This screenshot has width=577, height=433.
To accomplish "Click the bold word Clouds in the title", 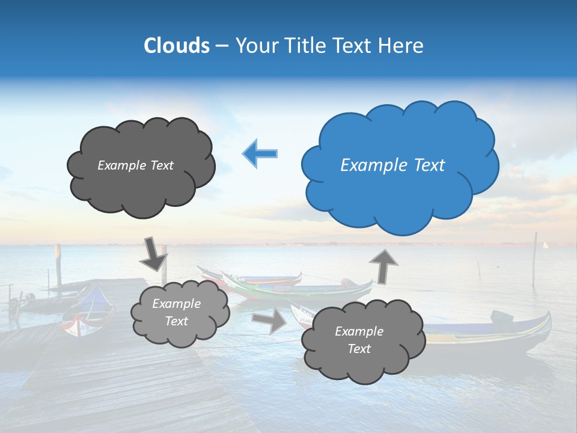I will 176,46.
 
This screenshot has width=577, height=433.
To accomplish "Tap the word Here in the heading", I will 402,46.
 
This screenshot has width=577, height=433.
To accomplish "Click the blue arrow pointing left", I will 260,153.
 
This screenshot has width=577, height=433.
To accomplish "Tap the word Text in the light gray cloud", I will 176,321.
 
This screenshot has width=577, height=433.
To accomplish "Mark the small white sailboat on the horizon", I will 546,245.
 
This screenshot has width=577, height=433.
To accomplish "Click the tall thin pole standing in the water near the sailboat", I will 534,259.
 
